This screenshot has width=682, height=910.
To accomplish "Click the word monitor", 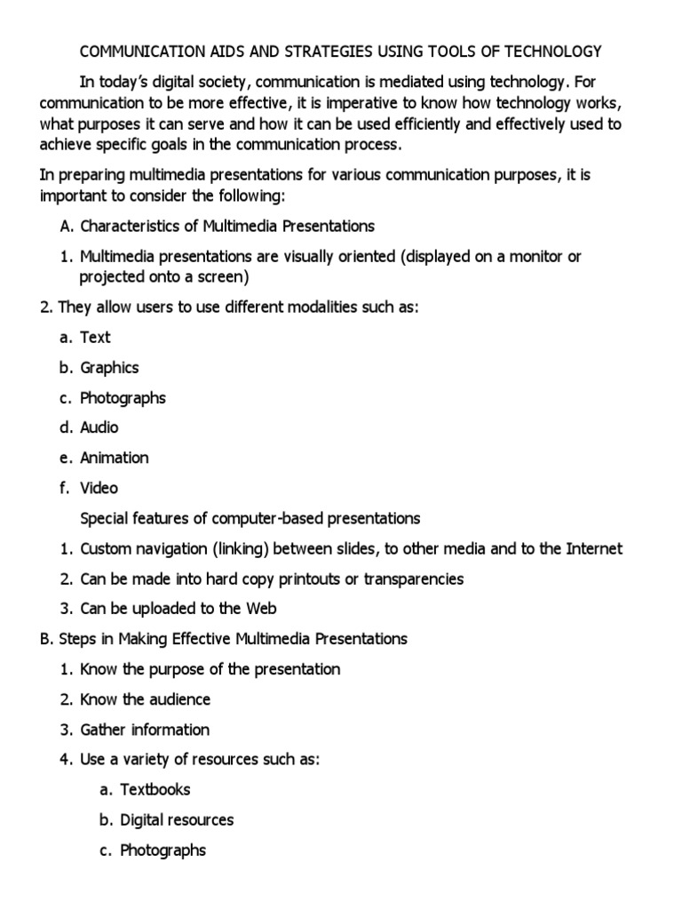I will point(518,256).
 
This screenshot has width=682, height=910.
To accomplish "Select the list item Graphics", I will point(109,367).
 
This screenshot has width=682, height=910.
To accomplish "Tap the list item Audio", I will point(99,427).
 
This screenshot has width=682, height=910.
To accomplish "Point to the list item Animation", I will point(115,458).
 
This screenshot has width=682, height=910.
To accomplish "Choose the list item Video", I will point(99,488).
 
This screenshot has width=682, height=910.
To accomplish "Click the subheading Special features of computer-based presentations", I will point(250,518).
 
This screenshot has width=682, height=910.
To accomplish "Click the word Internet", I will point(594,548).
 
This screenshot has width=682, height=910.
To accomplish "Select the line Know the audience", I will point(145,699).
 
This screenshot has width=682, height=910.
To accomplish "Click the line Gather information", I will point(145,730).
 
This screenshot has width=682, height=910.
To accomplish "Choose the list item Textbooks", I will point(155,789).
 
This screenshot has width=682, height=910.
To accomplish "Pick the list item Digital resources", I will point(177,819).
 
